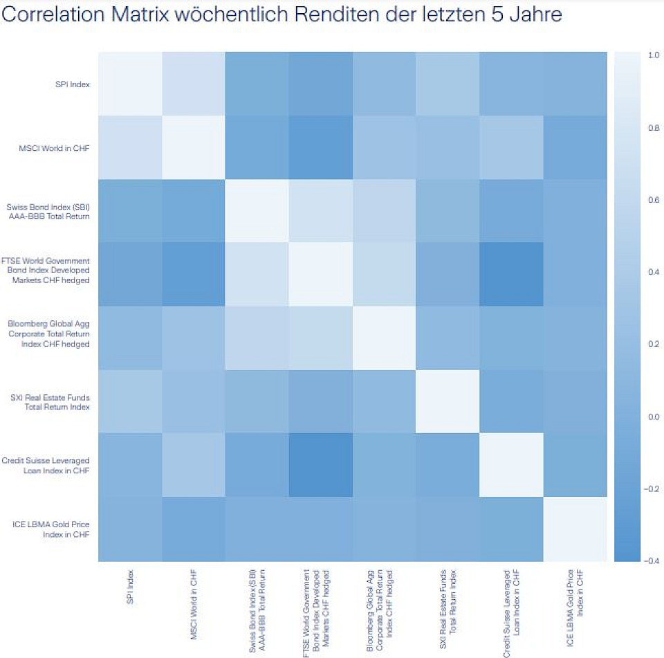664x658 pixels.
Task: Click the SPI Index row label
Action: [x=74, y=84]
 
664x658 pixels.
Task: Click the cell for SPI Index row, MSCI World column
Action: [x=194, y=84]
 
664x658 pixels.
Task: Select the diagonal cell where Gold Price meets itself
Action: [x=575, y=529]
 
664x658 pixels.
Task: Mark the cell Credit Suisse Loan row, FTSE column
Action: [x=321, y=465]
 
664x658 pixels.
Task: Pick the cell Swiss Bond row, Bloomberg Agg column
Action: [x=385, y=211]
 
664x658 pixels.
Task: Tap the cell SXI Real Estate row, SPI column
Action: [x=130, y=401]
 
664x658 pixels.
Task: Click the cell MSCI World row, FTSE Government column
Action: [x=321, y=147]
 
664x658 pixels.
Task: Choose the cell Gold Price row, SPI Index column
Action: [x=130, y=529]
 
